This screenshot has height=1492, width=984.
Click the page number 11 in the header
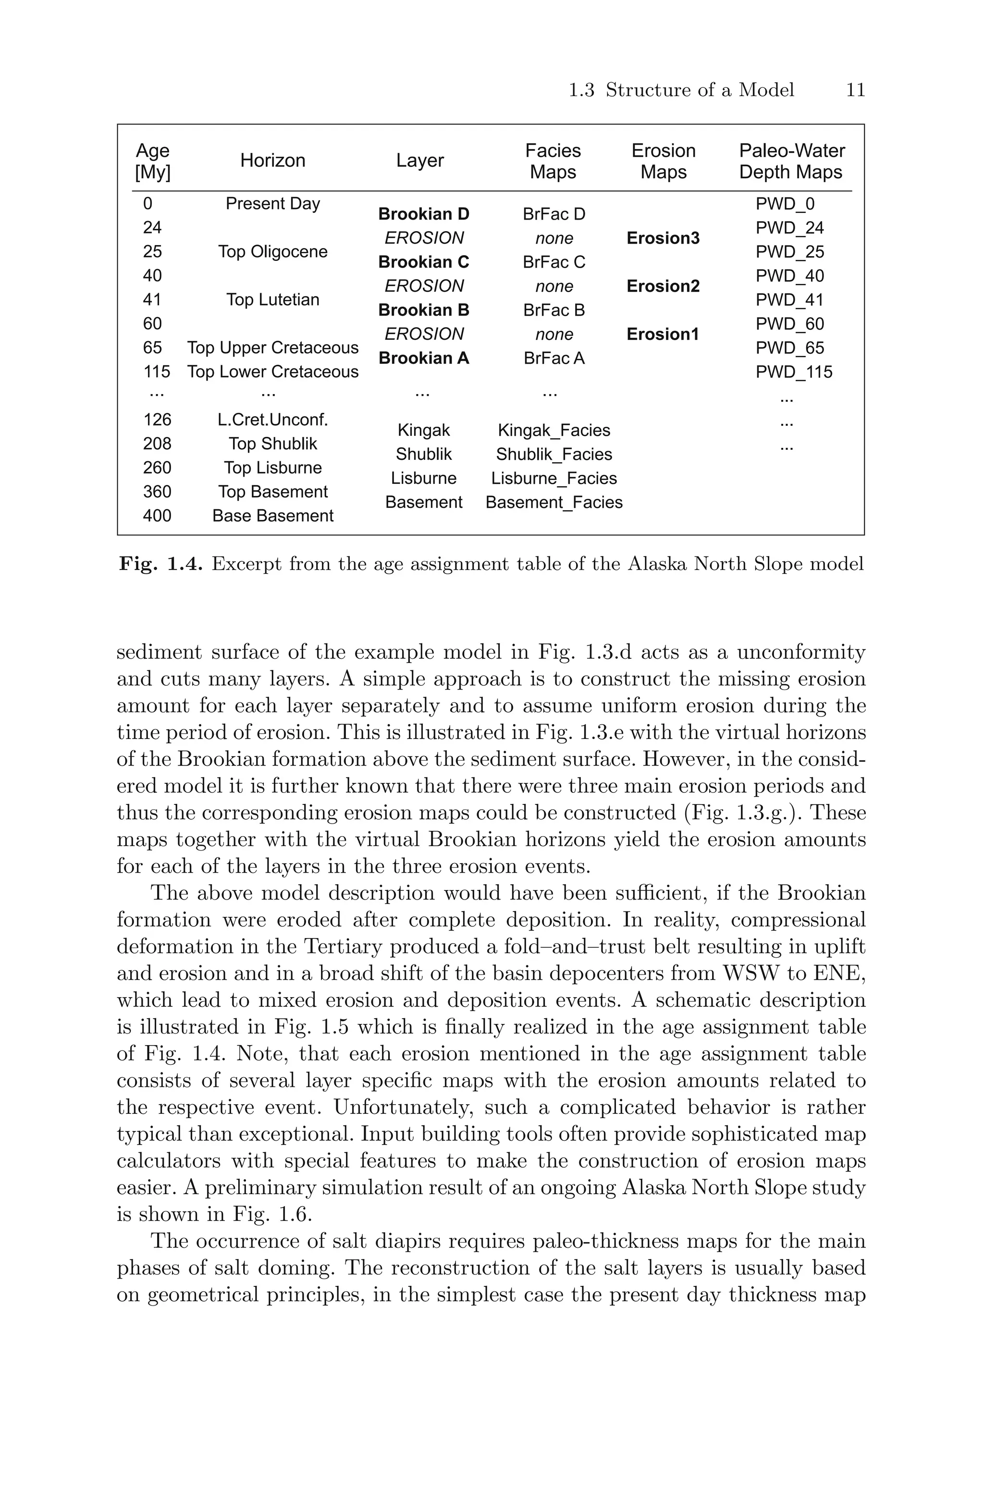point(855,90)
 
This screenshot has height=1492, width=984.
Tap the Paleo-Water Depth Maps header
point(791,161)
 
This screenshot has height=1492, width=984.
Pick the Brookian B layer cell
point(424,310)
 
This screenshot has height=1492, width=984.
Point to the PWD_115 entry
point(793,372)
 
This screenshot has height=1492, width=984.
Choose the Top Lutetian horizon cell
point(272,300)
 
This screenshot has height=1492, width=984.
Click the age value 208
point(157,444)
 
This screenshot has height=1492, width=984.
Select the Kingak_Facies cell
point(553,431)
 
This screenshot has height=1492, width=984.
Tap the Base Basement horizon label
point(272,516)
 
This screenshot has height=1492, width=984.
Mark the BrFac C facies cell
point(553,262)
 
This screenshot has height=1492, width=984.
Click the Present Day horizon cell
point(272,204)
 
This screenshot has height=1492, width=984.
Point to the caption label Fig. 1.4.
point(160,564)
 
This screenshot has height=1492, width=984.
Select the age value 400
point(157,516)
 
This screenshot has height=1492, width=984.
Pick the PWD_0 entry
point(785,204)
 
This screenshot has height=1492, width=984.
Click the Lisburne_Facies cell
point(553,479)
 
